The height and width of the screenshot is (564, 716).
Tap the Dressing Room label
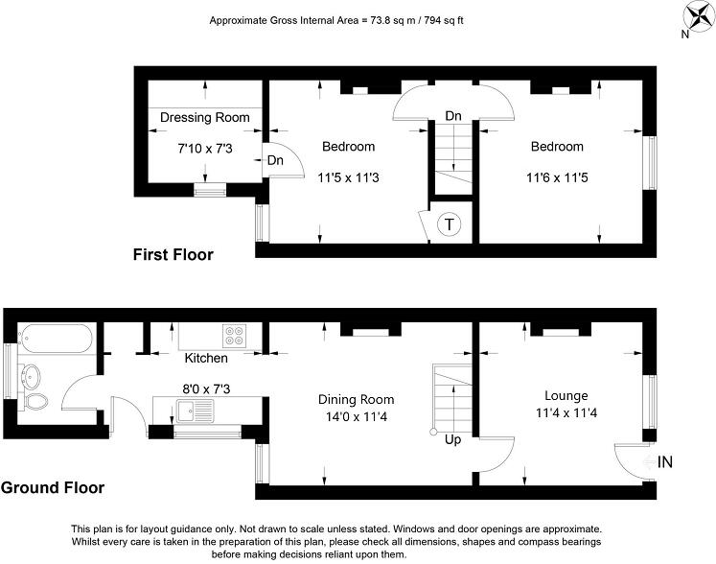pyautogui.click(x=205, y=118)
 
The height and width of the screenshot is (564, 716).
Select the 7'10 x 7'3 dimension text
pyautogui.click(x=205, y=149)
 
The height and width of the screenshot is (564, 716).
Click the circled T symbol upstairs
pyautogui.click(x=449, y=225)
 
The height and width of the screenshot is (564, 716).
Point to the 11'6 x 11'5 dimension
pyautogui.click(x=557, y=176)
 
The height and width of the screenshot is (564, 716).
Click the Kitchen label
pyautogui.click(x=206, y=358)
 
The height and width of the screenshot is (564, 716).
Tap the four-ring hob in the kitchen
pyautogui.click(x=235, y=336)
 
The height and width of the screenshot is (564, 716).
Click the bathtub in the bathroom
pyautogui.click(x=54, y=338)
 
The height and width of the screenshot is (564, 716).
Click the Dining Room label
pyautogui.click(x=357, y=399)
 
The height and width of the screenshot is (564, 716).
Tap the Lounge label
pyautogui.click(x=566, y=395)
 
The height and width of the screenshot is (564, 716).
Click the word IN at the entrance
pyautogui.click(x=666, y=462)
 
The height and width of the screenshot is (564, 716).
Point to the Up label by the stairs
pyautogui.click(x=454, y=440)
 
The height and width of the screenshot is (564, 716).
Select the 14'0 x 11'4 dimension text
pyautogui.click(x=357, y=418)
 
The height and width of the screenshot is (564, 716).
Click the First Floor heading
pyautogui.click(x=173, y=255)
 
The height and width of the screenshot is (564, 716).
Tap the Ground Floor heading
pyautogui.click(x=52, y=488)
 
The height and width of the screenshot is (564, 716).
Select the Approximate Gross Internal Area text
pyautogui.click(x=342, y=20)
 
